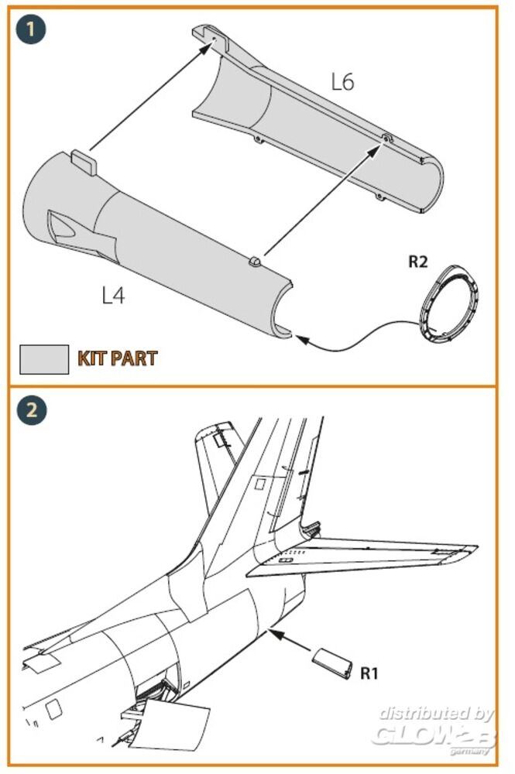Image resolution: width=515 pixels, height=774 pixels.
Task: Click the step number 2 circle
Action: click(32, 409)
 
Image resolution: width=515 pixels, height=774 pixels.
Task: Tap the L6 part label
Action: click(342, 83)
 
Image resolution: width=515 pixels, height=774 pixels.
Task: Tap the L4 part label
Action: click(113, 295)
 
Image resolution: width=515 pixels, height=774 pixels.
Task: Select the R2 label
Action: click(418, 262)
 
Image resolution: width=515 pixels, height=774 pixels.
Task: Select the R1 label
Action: click(369, 673)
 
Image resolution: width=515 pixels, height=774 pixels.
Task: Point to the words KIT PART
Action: click(117, 358)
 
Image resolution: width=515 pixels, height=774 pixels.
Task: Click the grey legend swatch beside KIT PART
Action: click(44, 358)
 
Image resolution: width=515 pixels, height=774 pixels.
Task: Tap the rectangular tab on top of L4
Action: click(84, 161)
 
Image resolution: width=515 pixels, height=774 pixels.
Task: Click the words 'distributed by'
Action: click(437, 713)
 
